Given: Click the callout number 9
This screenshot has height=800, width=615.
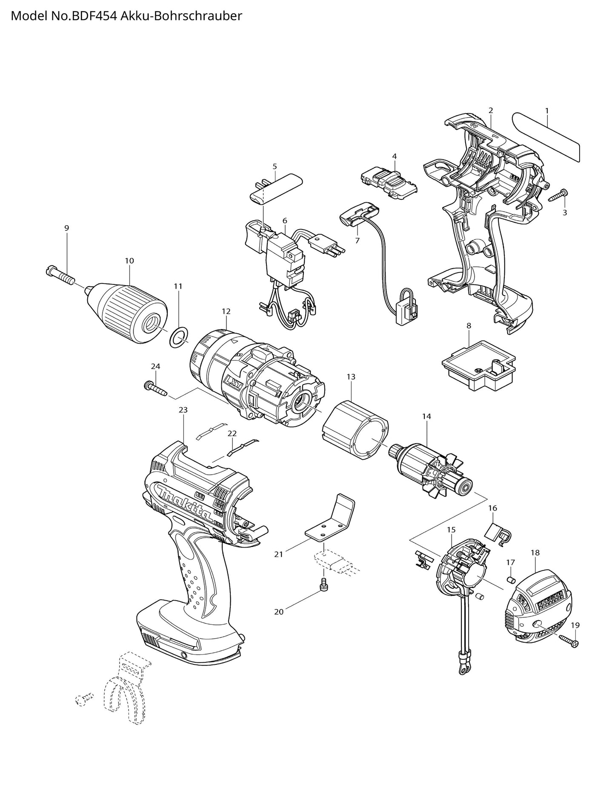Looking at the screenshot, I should [66, 228].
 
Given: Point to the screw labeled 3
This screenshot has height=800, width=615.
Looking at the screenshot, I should [557, 196].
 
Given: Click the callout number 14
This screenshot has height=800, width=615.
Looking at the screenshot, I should [426, 417].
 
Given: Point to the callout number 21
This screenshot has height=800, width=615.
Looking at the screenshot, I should [279, 554].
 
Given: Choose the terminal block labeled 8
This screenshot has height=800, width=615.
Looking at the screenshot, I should [478, 367].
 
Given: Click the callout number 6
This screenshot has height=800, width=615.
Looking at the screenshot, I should [285, 220].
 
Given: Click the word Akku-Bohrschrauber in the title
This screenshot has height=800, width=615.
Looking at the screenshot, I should [182, 16].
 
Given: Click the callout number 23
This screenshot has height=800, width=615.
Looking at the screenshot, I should [183, 410].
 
